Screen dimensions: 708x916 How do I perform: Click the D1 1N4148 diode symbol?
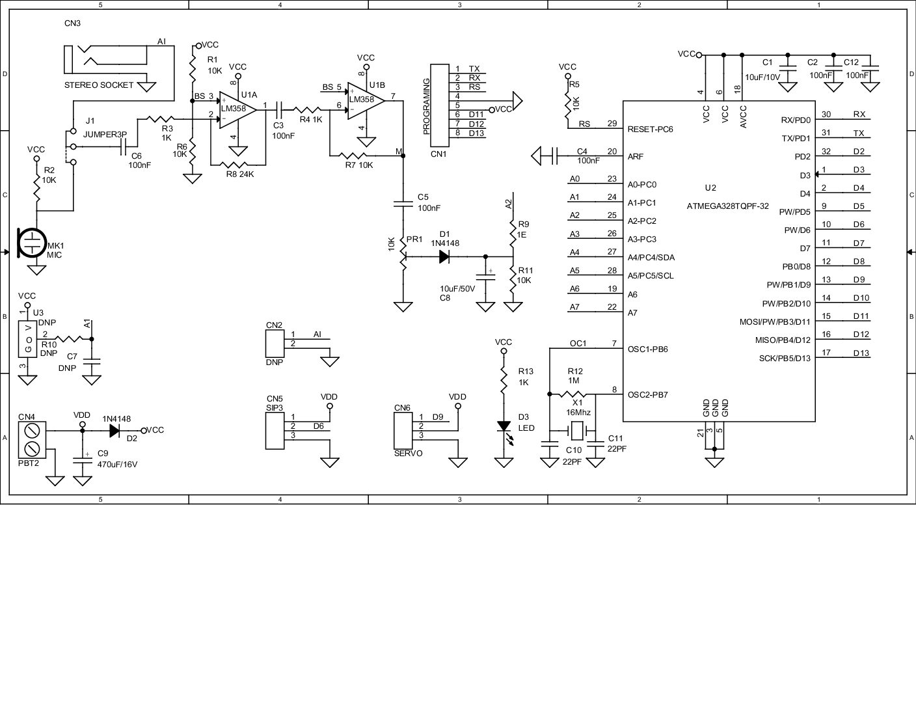pyautogui.click(x=445, y=257)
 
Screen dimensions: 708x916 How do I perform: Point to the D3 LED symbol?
pyautogui.click(x=503, y=427)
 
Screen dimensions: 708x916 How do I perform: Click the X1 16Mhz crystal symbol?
pyautogui.click(x=576, y=430)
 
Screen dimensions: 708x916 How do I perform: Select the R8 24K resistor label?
pyautogui.click(x=239, y=174)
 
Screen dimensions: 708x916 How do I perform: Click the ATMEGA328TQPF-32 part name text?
pyautogui.click(x=727, y=206)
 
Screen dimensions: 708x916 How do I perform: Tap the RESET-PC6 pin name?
pyautogui.click(x=650, y=129)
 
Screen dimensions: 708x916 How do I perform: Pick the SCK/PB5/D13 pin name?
pyautogui.click(x=785, y=358)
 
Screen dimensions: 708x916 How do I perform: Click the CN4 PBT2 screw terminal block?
pyautogui.click(x=31, y=439)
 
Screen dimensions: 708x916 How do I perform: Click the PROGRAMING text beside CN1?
pyautogui.click(x=427, y=106)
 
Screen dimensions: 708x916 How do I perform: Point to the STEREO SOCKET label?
pyautogui.click(x=98, y=85)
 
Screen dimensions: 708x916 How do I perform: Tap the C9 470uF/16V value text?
pyautogui.click(x=117, y=465)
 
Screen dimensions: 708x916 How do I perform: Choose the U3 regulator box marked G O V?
pyautogui.click(x=27, y=339)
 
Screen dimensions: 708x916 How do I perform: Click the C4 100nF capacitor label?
pyautogui.click(x=587, y=156)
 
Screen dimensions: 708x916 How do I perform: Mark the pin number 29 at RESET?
pyautogui.click(x=612, y=124)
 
